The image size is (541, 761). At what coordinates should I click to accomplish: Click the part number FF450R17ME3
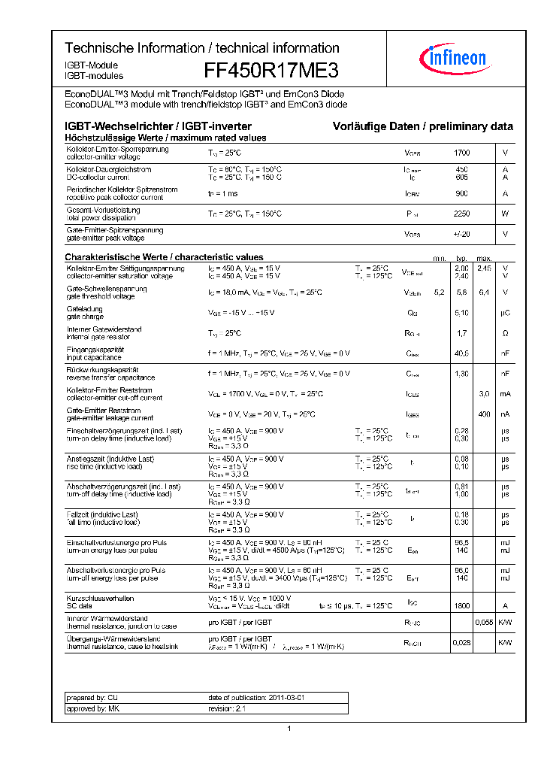[271, 71]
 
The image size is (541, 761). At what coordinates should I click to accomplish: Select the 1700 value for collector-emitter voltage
[461, 153]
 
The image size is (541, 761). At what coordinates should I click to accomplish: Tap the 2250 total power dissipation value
[461, 214]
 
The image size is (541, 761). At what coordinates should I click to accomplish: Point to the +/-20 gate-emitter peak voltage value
[461, 234]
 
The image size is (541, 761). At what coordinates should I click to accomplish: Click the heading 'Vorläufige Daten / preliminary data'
[423, 126]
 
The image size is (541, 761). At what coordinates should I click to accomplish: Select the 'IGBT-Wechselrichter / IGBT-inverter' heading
[158, 126]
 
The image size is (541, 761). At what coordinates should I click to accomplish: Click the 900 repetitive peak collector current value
[461, 193]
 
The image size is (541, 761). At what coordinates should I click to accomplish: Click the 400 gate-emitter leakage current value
[485, 414]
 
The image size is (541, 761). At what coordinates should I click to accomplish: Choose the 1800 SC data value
[461, 605]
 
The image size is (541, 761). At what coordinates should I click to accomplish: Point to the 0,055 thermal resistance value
[485, 623]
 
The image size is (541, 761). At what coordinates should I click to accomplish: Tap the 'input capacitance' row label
[94, 357]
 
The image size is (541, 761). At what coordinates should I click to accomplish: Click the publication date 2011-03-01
[257, 698]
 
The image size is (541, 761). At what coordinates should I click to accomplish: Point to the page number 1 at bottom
[289, 729]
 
